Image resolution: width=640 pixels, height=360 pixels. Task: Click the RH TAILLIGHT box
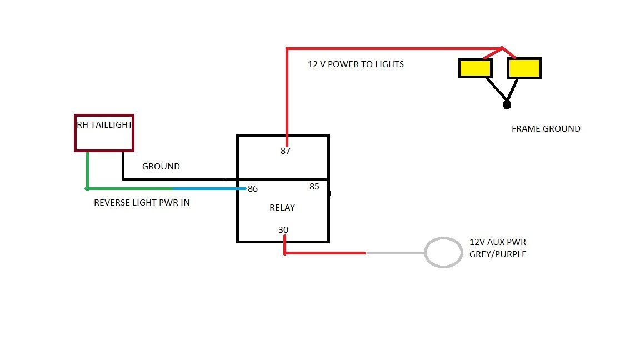click(x=104, y=133)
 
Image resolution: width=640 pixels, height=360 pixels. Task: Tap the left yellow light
click(x=474, y=68)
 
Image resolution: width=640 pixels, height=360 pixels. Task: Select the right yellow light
click(x=524, y=68)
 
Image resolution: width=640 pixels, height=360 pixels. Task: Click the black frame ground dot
click(x=506, y=104)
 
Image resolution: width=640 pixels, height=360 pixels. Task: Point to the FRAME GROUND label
click(x=546, y=129)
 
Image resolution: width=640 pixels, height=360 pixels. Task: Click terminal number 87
click(x=286, y=151)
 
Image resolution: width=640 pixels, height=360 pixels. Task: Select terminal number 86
click(x=253, y=189)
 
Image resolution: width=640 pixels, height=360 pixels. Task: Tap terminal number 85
click(x=314, y=187)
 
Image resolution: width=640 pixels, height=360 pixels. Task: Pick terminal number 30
click(x=283, y=229)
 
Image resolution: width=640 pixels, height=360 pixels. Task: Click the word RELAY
click(x=282, y=208)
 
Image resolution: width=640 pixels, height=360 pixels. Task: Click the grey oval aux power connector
click(x=444, y=253)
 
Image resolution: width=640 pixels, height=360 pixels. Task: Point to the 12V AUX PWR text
click(x=498, y=243)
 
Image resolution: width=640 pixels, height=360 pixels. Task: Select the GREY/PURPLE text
click(x=498, y=254)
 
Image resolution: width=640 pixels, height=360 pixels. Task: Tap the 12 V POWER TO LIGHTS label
click(x=356, y=64)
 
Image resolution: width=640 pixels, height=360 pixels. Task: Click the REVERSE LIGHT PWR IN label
click(x=142, y=203)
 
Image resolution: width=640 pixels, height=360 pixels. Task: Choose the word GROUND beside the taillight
click(x=161, y=167)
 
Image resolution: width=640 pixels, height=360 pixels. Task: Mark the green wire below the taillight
click(x=87, y=169)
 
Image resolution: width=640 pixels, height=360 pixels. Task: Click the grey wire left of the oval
click(x=394, y=253)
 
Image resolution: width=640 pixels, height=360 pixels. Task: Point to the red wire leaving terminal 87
click(x=287, y=94)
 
